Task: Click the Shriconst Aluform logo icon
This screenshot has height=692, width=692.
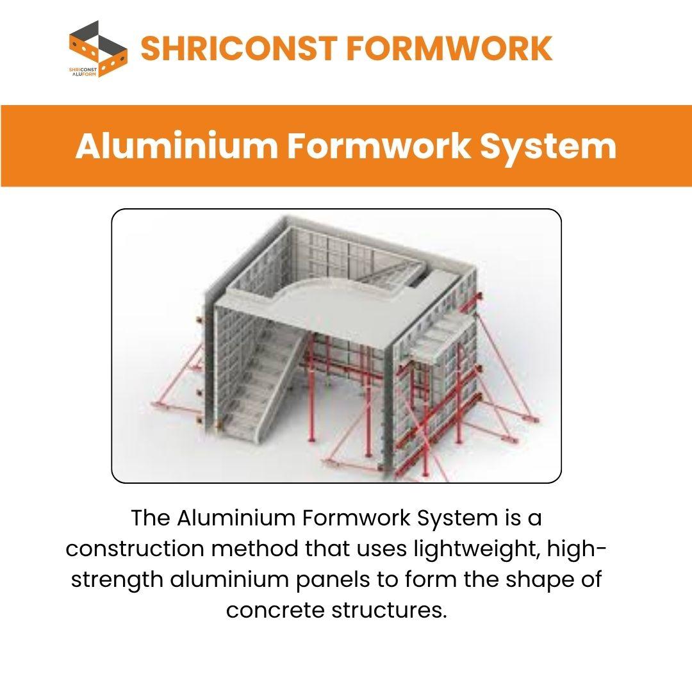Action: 98,49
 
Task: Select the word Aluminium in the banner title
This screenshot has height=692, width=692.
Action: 177,146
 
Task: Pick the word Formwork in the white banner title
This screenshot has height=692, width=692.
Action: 379,146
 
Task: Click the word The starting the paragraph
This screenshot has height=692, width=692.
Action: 151,518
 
